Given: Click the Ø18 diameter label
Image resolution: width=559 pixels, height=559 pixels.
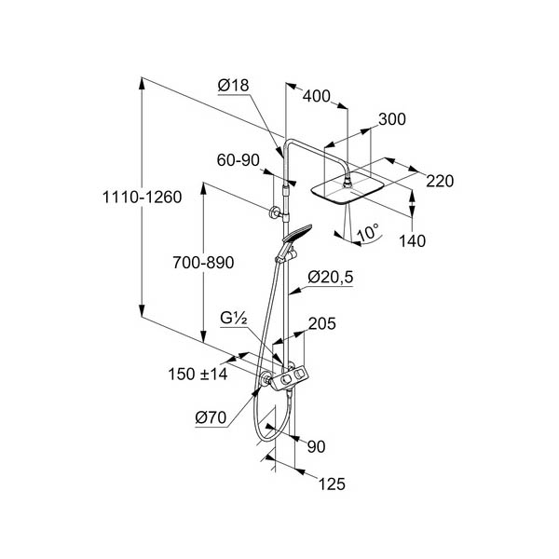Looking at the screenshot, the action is coord(233,86).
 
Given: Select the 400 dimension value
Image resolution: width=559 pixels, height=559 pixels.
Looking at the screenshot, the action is coord(317,96).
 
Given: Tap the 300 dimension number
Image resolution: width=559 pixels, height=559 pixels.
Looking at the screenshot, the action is coord(392,119).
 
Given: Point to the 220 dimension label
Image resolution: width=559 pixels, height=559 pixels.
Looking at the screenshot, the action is coord(440,181).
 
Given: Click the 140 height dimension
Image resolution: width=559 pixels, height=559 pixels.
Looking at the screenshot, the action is coord(412,241).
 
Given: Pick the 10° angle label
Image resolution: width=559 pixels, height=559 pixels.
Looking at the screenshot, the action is coord(368,232).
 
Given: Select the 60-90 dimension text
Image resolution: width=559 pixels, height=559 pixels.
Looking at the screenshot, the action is coord(239,160).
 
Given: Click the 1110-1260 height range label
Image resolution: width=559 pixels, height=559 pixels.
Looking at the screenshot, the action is coord(142,198).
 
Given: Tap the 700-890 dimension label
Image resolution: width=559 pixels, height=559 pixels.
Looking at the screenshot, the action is coord(203,263).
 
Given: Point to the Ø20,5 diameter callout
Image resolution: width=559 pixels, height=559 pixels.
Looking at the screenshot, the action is coord(331,277).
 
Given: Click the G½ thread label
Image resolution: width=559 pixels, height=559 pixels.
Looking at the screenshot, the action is coord(234,318).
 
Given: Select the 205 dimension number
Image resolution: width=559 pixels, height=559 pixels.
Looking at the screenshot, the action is coord(322,323).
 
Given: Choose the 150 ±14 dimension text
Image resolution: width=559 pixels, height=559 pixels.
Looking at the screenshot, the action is coord(198,375).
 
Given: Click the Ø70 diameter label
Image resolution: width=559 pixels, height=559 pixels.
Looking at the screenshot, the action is coord(211,417).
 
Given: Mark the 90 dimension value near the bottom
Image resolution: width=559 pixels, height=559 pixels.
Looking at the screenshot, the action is coord(316,446).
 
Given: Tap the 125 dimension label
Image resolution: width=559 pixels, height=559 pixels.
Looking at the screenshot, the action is coord(332,484).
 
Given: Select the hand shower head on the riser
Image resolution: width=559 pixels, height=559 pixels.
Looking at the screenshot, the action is coord(297,234).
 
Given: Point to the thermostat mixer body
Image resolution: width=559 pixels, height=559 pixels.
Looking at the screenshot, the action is coord(289,378).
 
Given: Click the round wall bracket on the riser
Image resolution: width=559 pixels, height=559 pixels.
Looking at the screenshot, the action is coord(274,212).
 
